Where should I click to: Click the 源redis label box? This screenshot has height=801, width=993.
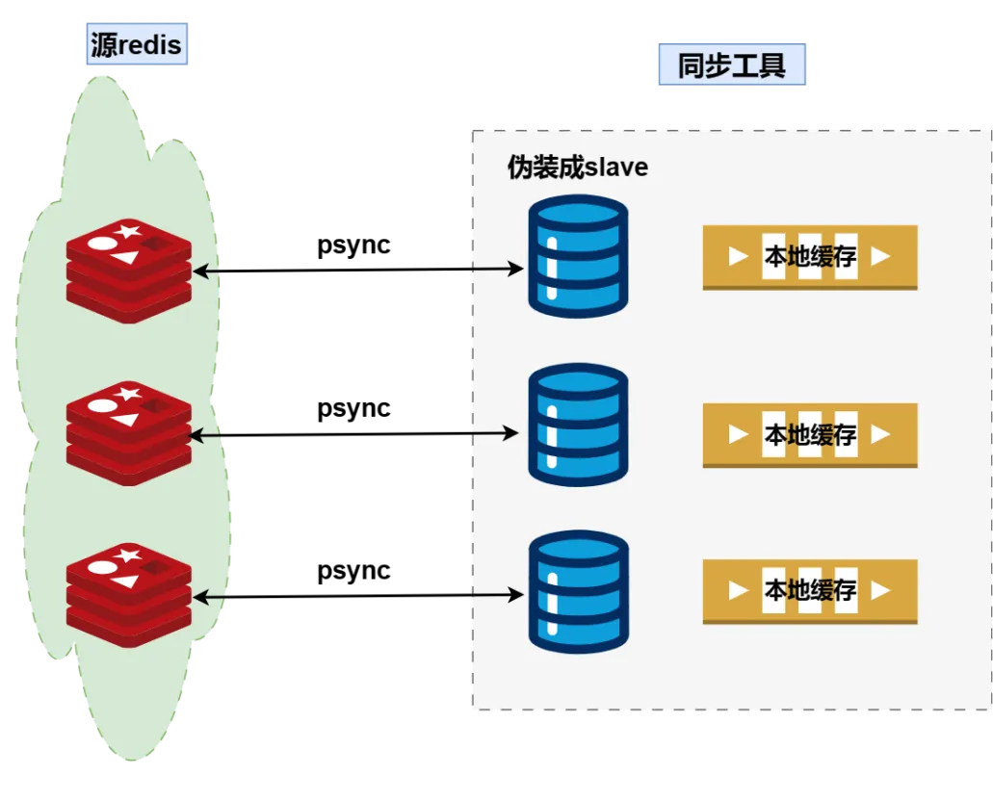click(137, 43)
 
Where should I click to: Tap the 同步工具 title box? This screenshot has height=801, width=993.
click(732, 65)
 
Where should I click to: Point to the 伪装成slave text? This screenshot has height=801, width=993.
click(578, 168)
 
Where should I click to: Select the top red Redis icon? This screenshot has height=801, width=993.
click(129, 271)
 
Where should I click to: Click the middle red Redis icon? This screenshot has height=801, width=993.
click(129, 434)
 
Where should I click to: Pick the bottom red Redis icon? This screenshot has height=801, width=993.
click(129, 596)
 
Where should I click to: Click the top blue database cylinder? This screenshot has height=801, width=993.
click(578, 256)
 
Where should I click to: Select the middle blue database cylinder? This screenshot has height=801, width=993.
click(578, 425)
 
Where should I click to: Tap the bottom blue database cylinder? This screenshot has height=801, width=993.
click(578, 592)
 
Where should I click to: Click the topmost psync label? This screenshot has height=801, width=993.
click(353, 245)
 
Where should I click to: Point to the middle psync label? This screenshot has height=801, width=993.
click(353, 408)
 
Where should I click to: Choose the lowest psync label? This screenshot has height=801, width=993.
click(353, 571)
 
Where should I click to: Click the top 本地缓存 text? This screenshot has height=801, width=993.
click(810, 256)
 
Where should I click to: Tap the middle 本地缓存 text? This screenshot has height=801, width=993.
click(810, 434)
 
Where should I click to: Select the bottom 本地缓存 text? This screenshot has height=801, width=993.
click(810, 590)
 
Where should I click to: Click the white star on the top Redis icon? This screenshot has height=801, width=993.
click(128, 230)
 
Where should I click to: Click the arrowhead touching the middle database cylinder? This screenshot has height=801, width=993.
click(510, 433)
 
